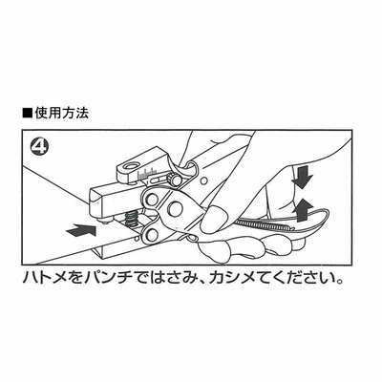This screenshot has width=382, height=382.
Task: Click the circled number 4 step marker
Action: (38, 147)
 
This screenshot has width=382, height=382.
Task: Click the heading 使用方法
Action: (61, 113)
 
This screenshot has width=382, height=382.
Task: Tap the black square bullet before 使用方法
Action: (28, 114)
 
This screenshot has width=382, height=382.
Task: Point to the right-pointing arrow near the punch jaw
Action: (80, 229)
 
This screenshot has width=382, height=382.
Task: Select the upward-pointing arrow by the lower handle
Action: (302, 210)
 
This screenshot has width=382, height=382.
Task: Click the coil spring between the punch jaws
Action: (130, 220)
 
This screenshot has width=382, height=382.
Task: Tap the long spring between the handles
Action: (264, 225)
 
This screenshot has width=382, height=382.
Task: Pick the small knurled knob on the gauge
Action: (175, 180)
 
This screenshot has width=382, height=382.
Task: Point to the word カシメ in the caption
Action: (231, 278)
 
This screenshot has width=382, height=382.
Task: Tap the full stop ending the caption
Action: (340, 282)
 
